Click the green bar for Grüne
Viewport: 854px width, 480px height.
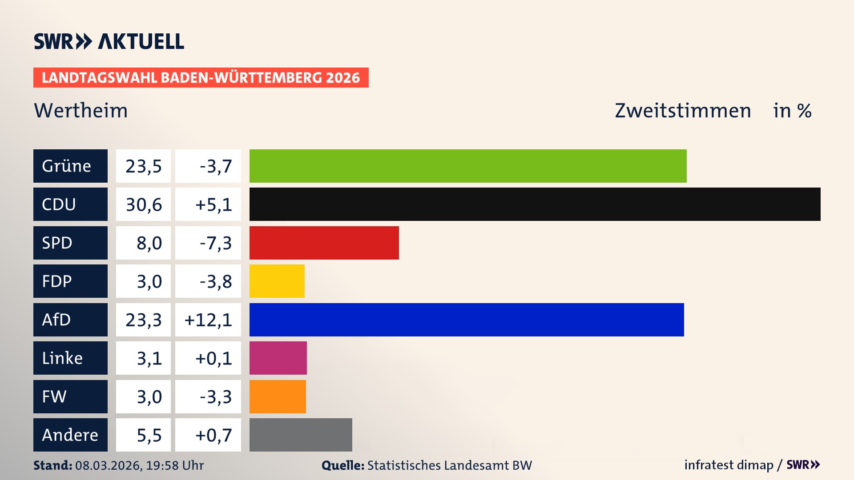(x=468, y=166)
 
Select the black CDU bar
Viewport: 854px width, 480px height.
(x=535, y=204)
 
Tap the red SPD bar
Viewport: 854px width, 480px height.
(x=324, y=243)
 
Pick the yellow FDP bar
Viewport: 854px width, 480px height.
(x=277, y=281)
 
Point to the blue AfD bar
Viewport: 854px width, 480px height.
(x=467, y=320)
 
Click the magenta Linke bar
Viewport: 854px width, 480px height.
(x=278, y=358)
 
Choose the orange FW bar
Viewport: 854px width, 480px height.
(x=278, y=396)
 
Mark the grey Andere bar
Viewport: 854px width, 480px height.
(x=301, y=435)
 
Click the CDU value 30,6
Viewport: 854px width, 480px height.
(x=143, y=204)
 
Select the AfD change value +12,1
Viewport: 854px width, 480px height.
(x=208, y=320)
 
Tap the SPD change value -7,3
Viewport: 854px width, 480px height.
(x=216, y=243)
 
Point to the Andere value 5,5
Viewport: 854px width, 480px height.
(x=149, y=435)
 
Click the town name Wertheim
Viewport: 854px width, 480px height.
(x=81, y=110)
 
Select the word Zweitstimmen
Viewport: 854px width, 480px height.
(x=683, y=110)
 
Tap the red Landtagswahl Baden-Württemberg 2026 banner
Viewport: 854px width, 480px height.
(x=201, y=77)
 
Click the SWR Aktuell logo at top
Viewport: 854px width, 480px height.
(x=109, y=41)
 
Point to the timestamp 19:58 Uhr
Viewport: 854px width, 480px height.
(x=175, y=465)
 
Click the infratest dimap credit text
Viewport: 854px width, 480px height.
(x=729, y=465)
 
